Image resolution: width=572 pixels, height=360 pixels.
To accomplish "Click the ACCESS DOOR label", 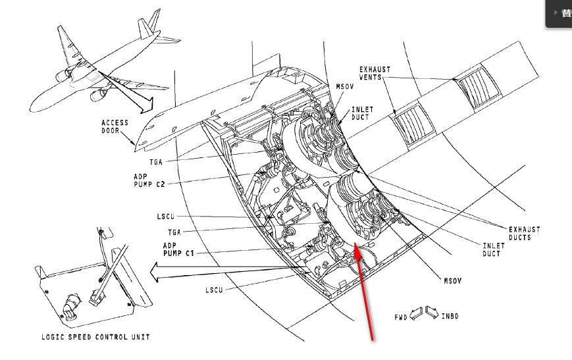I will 115,127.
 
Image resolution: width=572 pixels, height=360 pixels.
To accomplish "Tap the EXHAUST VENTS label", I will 375,73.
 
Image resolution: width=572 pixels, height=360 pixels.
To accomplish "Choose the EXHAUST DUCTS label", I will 524,233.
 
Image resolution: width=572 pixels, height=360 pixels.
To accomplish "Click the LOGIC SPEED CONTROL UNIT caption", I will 95,337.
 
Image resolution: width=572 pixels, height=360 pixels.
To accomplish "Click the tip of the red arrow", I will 355,244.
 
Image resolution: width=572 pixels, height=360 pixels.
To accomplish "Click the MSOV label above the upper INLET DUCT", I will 344,87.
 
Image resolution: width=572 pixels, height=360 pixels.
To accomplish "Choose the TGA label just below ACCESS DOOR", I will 155,161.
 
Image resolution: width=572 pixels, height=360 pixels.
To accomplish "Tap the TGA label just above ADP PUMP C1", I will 174,232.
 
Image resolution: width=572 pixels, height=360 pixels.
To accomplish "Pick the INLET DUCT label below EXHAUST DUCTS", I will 493,249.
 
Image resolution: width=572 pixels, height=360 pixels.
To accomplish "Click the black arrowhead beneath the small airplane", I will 146,105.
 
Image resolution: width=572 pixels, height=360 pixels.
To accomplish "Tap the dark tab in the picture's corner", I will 559,14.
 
